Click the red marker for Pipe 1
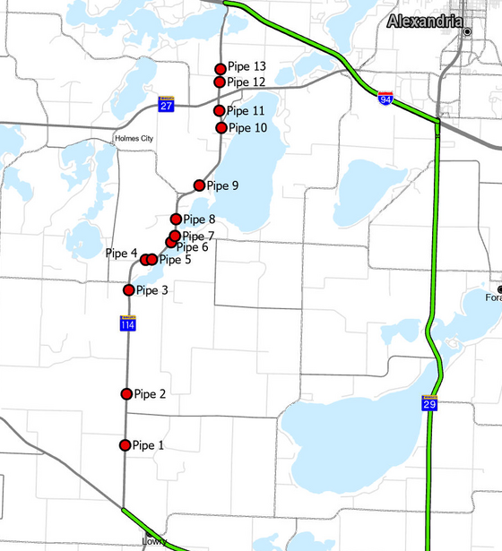(x=125, y=445)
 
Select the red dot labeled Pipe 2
(x=126, y=394)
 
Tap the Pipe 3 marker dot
(x=129, y=290)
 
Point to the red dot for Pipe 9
(x=200, y=185)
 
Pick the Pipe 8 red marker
(x=177, y=220)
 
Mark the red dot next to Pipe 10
(x=222, y=128)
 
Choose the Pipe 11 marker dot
(x=220, y=111)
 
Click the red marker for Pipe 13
(x=221, y=68)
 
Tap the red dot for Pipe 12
(x=220, y=82)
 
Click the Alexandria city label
(x=426, y=22)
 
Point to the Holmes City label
(x=135, y=139)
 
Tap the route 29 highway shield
(x=430, y=404)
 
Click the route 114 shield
(x=129, y=323)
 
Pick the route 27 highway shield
(x=167, y=104)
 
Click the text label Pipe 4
(x=121, y=254)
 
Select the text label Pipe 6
(x=192, y=247)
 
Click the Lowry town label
(x=154, y=542)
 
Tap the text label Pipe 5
(x=175, y=261)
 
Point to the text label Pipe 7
(x=198, y=236)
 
